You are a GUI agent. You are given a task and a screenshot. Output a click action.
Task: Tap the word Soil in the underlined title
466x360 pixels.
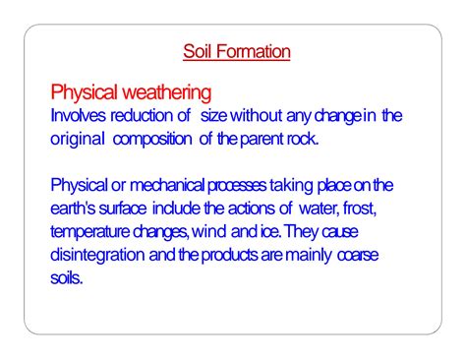tap(200, 51)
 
